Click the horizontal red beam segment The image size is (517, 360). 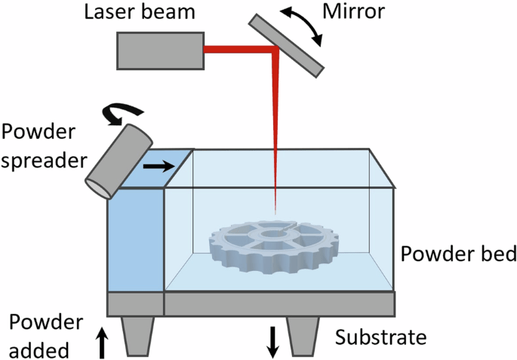[238, 50]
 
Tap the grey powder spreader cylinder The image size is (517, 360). [118, 160]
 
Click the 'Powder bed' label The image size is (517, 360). [458, 254]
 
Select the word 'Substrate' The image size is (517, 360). [381, 337]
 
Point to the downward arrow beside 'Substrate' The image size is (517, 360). [272, 341]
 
